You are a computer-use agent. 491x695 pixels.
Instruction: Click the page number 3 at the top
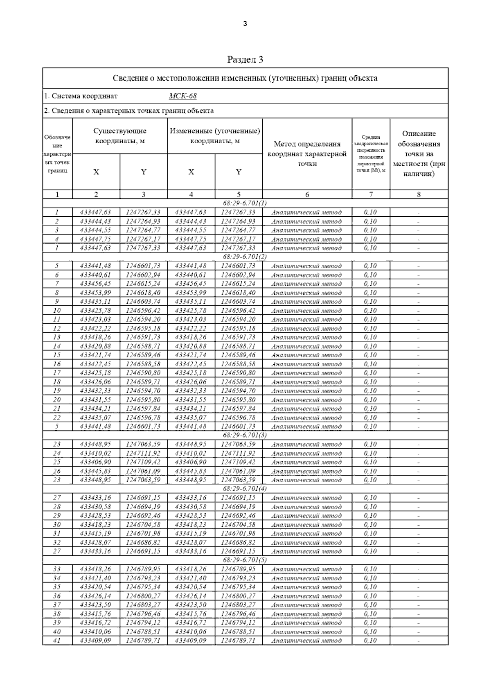pyautogui.click(x=245, y=24)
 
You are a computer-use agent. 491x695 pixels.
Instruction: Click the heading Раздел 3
pyautogui.click(x=245, y=60)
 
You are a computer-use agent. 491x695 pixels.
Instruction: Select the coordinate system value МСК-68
pyautogui.click(x=182, y=96)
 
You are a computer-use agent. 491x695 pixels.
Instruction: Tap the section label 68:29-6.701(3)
pyautogui.click(x=245, y=435)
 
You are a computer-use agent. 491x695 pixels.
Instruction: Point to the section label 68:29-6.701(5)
pyautogui.click(x=245, y=560)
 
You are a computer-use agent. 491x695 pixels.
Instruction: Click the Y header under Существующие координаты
pyautogui.click(x=144, y=172)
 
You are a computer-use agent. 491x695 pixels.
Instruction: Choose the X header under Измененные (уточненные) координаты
pyautogui.click(x=191, y=172)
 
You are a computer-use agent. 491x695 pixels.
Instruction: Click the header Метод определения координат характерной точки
pyautogui.click(x=307, y=154)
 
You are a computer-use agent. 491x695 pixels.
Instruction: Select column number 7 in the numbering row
pyautogui.click(x=371, y=195)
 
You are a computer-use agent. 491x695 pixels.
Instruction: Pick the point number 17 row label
pyautogui.click(x=57, y=373)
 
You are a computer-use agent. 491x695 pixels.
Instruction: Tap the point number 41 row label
pyautogui.click(x=57, y=641)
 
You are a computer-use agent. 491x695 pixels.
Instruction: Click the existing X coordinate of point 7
pyautogui.click(x=96, y=284)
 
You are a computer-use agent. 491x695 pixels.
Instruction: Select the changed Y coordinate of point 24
pyautogui.click(x=238, y=453)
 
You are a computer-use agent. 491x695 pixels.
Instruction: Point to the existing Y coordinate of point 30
pyautogui.click(x=143, y=524)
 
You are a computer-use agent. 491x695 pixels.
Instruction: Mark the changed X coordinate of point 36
pyautogui.click(x=191, y=596)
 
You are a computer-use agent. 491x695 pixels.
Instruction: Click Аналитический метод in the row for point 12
pyautogui.click(x=307, y=328)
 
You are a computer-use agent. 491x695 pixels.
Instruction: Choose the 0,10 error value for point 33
pyautogui.click(x=371, y=569)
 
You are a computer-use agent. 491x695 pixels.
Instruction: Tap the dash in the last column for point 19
pyautogui.click(x=419, y=391)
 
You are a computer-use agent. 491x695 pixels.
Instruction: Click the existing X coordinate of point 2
pyautogui.click(x=96, y=221)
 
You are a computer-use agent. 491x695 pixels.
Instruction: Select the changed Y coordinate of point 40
pyautogui.click(x=238, y=632)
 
